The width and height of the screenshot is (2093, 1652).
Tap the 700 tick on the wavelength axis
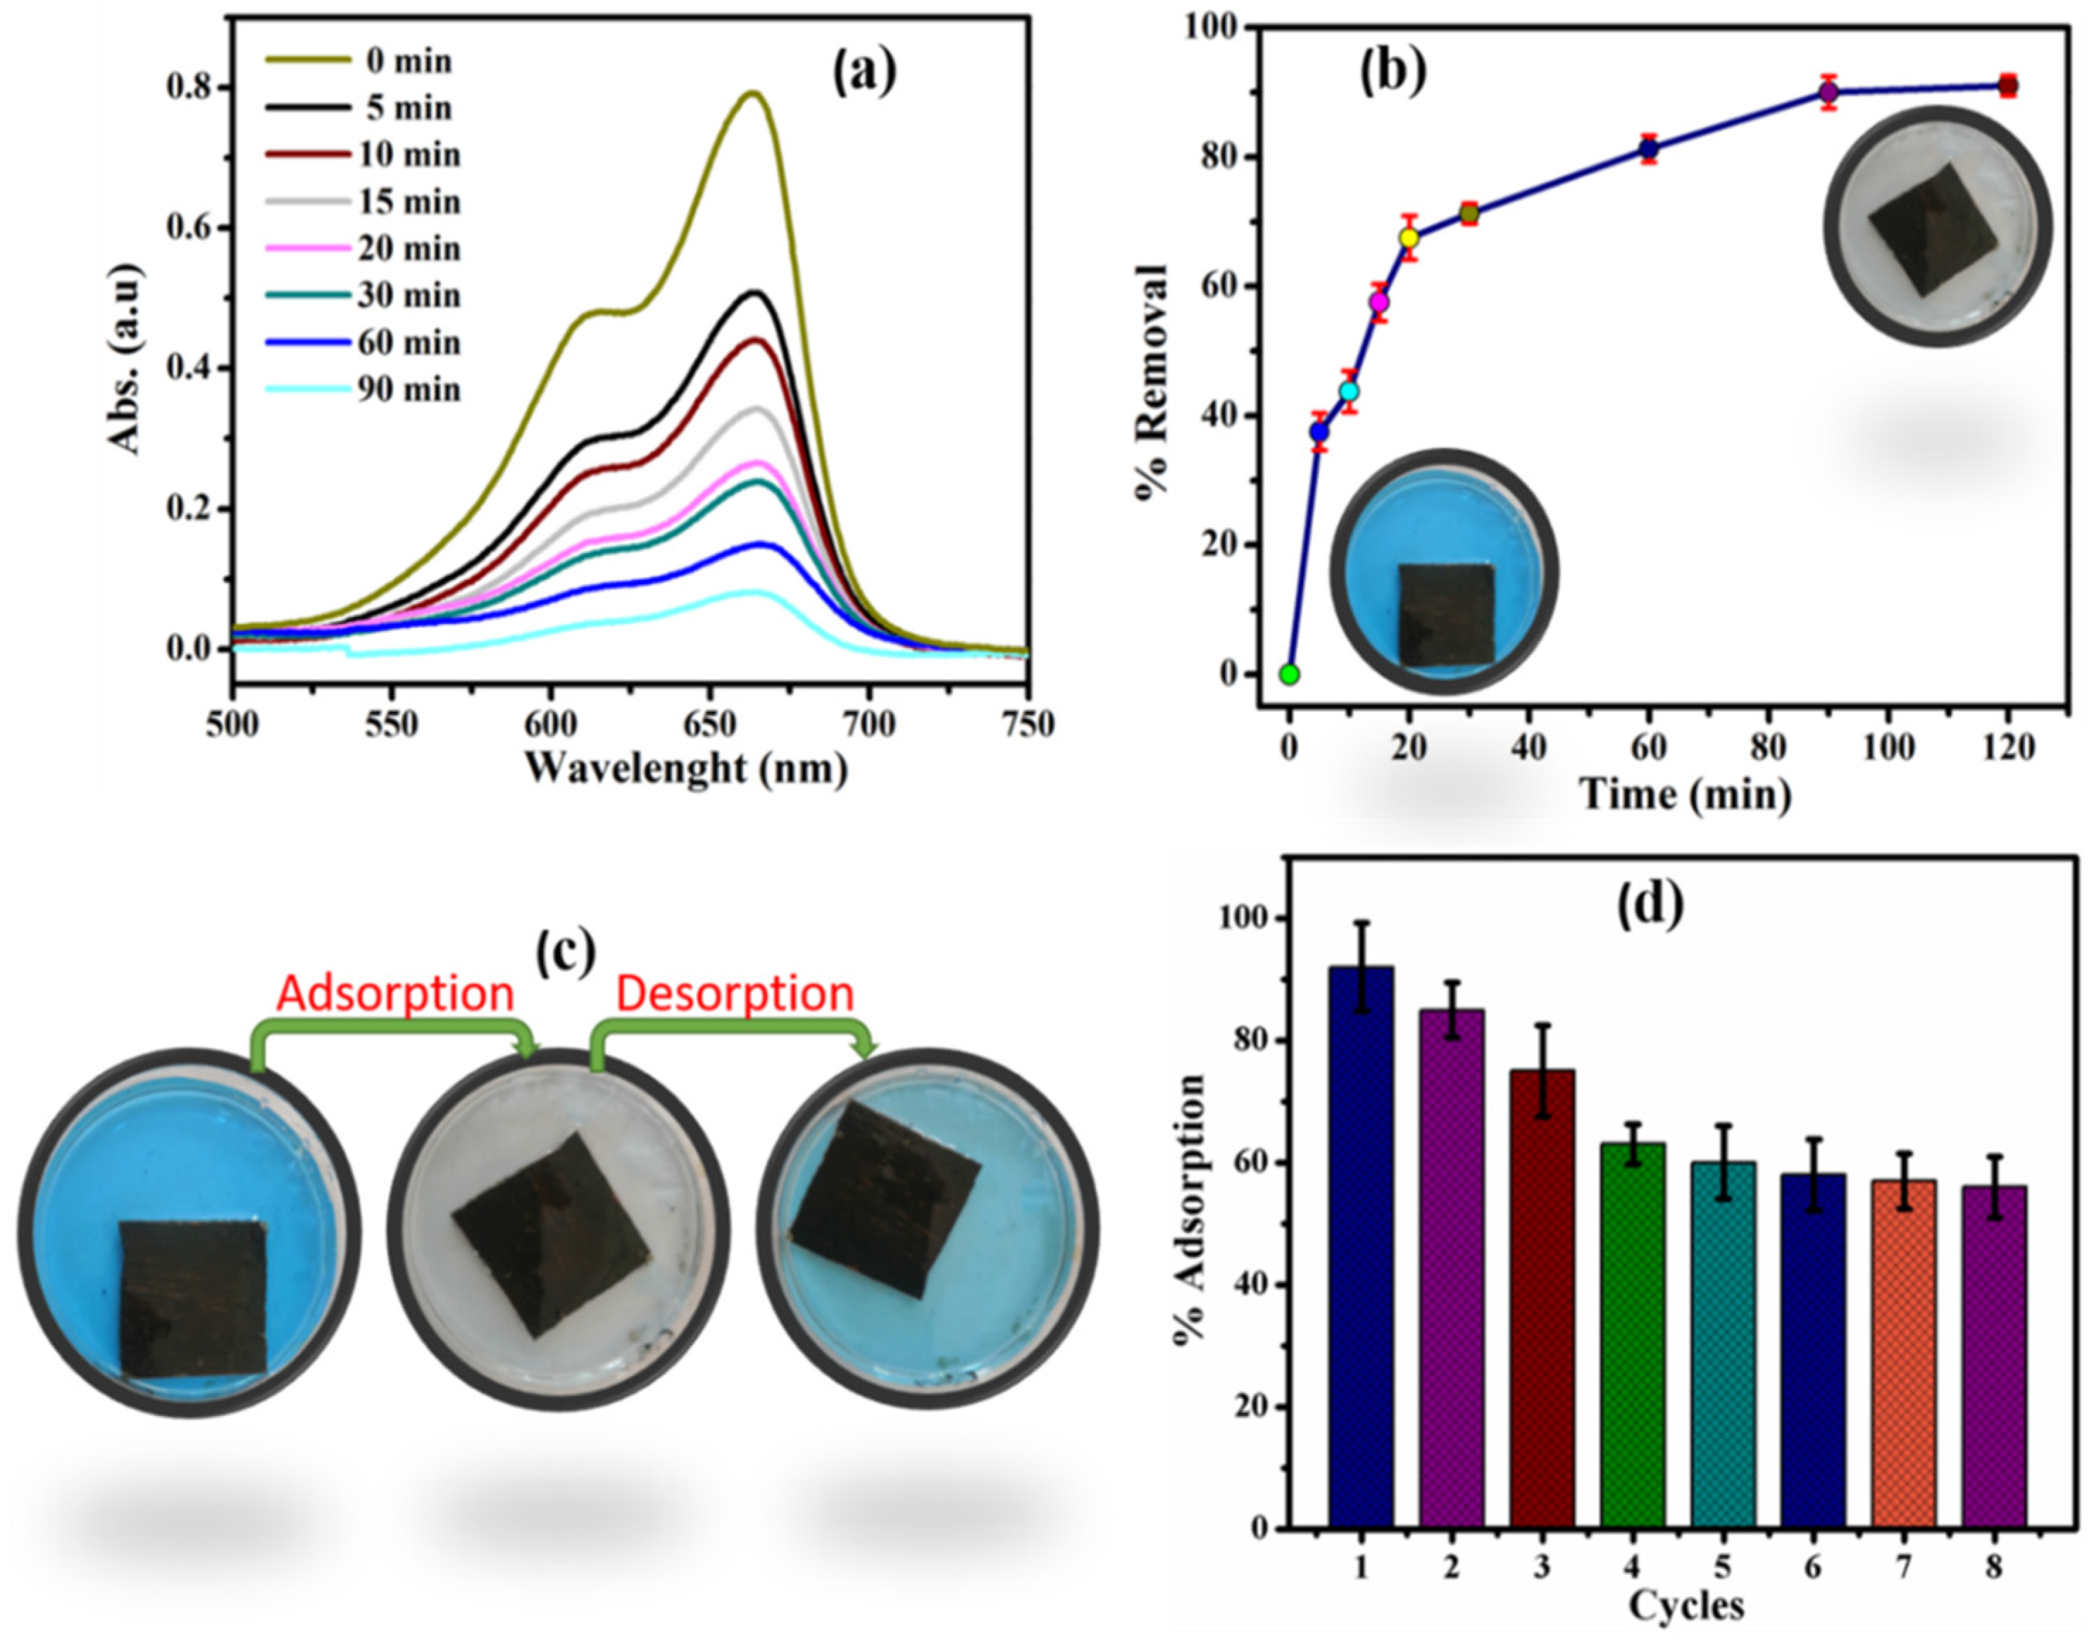(x=869, y=722)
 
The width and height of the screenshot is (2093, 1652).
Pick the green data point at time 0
(x=1288, y=674)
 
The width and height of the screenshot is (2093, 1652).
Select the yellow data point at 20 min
(x=1410, y=238)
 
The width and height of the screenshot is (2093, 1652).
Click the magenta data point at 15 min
(x=1379, y=303)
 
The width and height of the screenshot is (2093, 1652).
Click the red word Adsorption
(x=395, y=993)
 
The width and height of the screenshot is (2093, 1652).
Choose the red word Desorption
(x=735, y=993)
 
